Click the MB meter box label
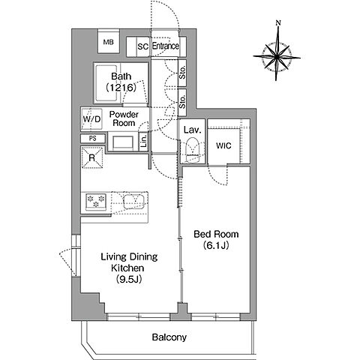pyautogui.click(x=108, y=42)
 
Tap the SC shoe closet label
pyautogui.click(x=143, y=46)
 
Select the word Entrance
pyautogui.click(x=166, y=46)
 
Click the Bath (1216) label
pyautogui.click(x=121, y=82)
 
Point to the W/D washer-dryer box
pyautogui.click(x=91, y=119)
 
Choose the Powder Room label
pyautogui.click(x=124, y=118)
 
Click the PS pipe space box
pyautogui.click(x=93, y=138)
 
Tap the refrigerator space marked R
pyautogui.click(x=92, y=157)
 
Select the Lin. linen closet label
pyautogui.click(x=144, y=142)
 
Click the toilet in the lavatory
pyautogui.click(x=193, y=150)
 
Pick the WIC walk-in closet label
pyautogui.click(x=223, y=145)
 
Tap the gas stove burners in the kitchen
pyautogui.click(x=96, y=201)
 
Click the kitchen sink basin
pyautogui.click(x=133, y=202)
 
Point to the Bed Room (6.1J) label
pyautogui.click(x=216, y=240)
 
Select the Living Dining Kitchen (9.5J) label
pyautogui.click(x=129, y=268)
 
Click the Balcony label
pyautogui.click(x=169, y=337)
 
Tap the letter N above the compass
pyautogui.click(x=278, y=23)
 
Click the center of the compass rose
pyautogui.click(x=277, y=57)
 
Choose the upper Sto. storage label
pyautogui.click(x=183, y=72)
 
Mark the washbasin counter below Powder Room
pyautogui.click(x=123, y=142)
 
